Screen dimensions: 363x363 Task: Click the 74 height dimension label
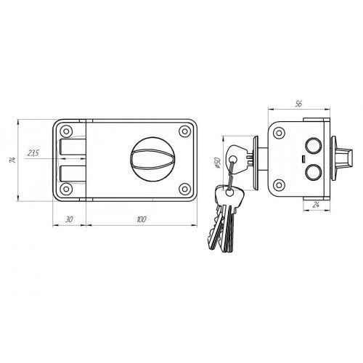pos(13,160)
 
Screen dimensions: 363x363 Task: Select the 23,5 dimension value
pos(33,153)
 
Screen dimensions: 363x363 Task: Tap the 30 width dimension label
pos(69,219)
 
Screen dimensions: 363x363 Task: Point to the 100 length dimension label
pos(142,219)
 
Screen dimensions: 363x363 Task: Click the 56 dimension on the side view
pos(299,104)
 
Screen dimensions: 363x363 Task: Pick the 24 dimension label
pos(316,205)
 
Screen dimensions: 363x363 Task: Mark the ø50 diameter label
pos(217,163)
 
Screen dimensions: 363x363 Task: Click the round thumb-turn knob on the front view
pos(152,159)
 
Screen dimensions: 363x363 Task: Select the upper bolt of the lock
pos(73,147)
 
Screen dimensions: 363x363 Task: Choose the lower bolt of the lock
pos(73,174)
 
